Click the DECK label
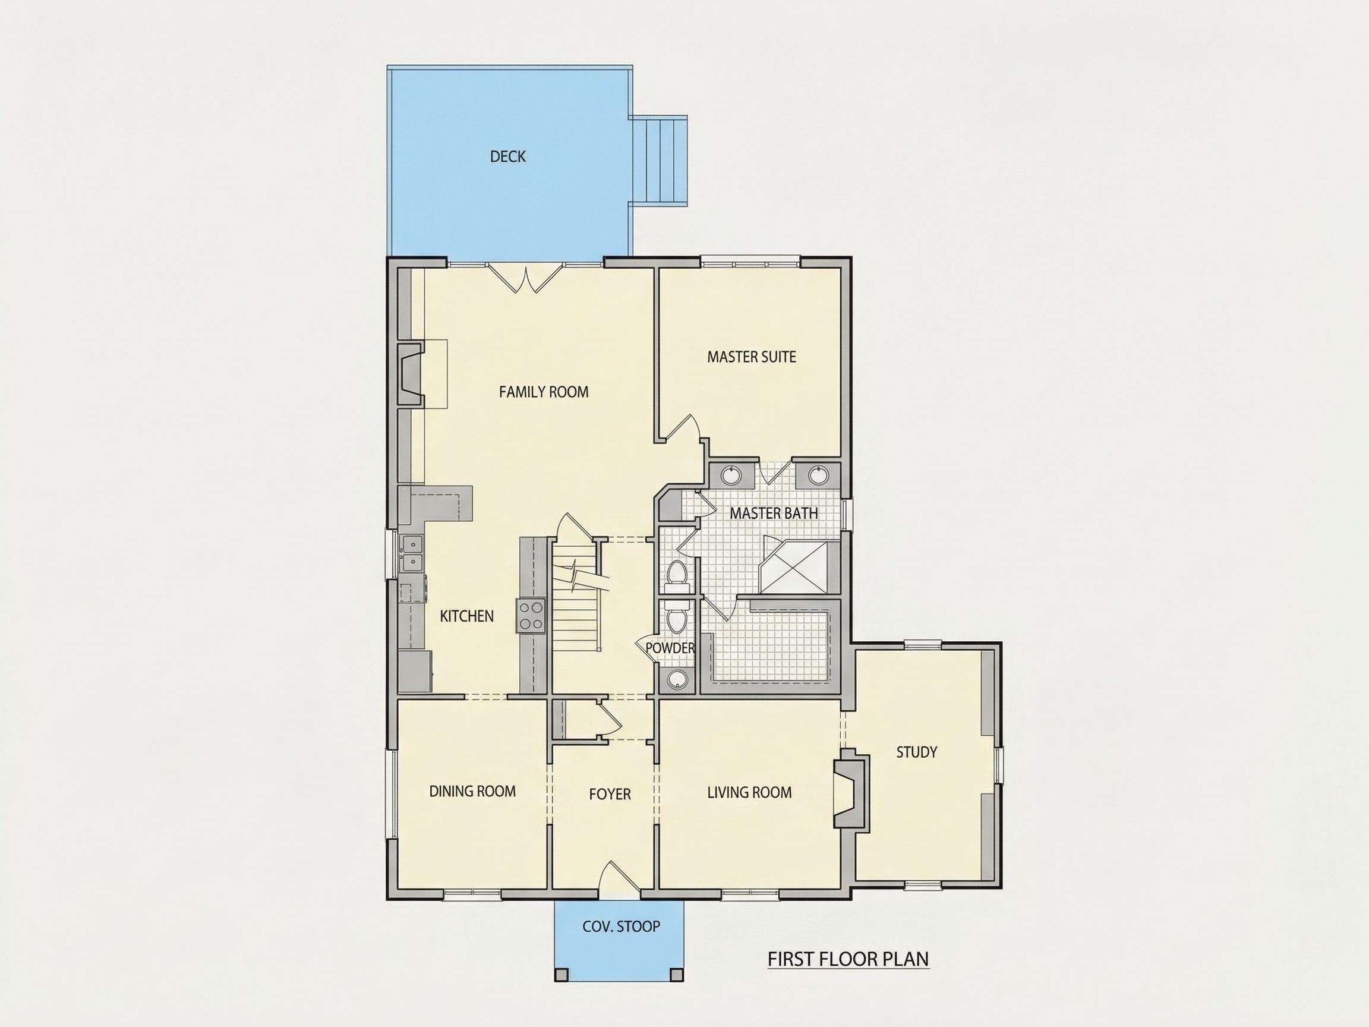click(507, 157)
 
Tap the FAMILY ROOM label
click(544, 392)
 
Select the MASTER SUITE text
click(751, 357)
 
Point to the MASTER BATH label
click(774, 513)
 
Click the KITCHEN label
click(466, 616)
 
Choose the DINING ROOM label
click(472, 791)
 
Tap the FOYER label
click(610, 794)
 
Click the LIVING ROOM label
click(749, 792)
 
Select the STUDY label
click(917, 752)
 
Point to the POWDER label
click(670, 648)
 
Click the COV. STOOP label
click(622, 927)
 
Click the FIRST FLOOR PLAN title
click(848, 959)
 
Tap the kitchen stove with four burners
click(531, 616)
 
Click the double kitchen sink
click(412, 553)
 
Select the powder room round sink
click(676, 679)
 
